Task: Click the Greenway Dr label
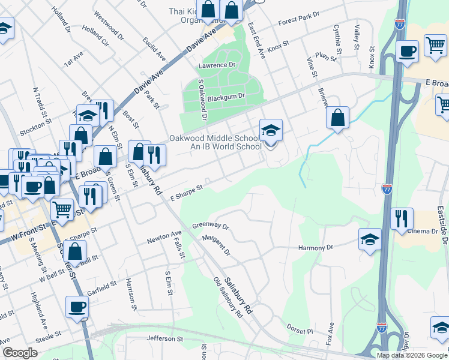[x=211, y=226]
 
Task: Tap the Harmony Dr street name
[x=315, y=247]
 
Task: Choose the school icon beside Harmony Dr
[x=370, y=239]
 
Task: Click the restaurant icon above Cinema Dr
[x=402, y=219]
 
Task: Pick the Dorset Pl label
[x=301, y=331]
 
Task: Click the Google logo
[x=20, y=353]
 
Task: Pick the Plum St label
[x=327, y=56]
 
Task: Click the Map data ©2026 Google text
[x=412, y=355]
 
